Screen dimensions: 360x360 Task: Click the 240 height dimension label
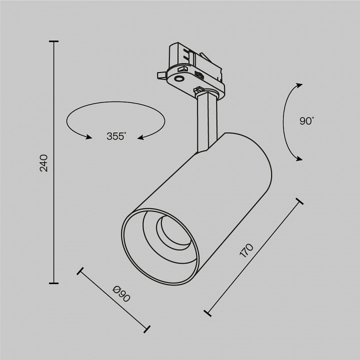(x=44, y=163)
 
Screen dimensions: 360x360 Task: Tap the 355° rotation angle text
(x=116, y=136)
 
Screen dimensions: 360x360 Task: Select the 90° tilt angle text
(x=306, y=120)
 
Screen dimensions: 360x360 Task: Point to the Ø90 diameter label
(x=121, y=294)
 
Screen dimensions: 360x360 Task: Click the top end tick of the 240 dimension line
(x=53, y=41)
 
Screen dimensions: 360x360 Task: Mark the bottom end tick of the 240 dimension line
(x=53, y=283)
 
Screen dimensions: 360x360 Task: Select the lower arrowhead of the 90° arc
(x=299, y=159)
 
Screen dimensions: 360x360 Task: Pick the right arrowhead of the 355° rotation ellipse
(x=141, y=137)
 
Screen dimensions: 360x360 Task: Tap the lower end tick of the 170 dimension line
(x=207, y=313)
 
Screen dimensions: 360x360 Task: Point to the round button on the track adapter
(x=178, y=78)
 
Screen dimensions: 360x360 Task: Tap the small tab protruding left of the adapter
(x=160, y=74)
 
